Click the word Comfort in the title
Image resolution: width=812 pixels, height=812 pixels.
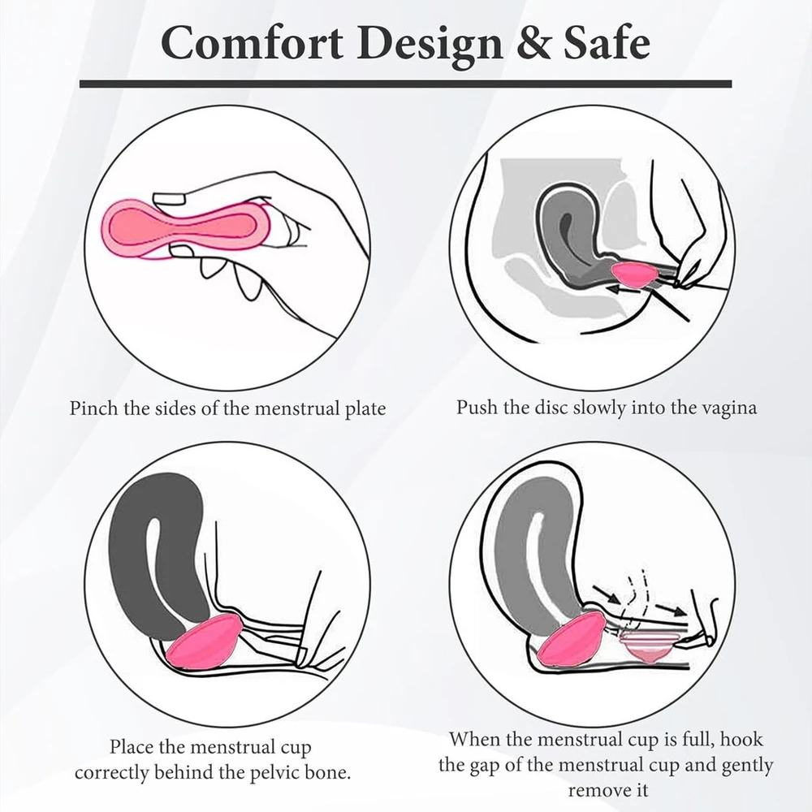[x=252, y=43]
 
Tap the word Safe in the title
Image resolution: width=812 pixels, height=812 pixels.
[x=607, y=43]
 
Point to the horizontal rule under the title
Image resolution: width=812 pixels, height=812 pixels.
[x=405, y=84]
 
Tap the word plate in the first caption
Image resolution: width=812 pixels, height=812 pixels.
[x=365, y=409]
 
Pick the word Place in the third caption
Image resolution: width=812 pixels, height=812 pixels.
[x=132, y=747]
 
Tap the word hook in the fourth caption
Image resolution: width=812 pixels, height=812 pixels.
[x=741, y=739]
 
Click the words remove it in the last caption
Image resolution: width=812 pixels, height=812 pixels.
[x=608, y=791]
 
